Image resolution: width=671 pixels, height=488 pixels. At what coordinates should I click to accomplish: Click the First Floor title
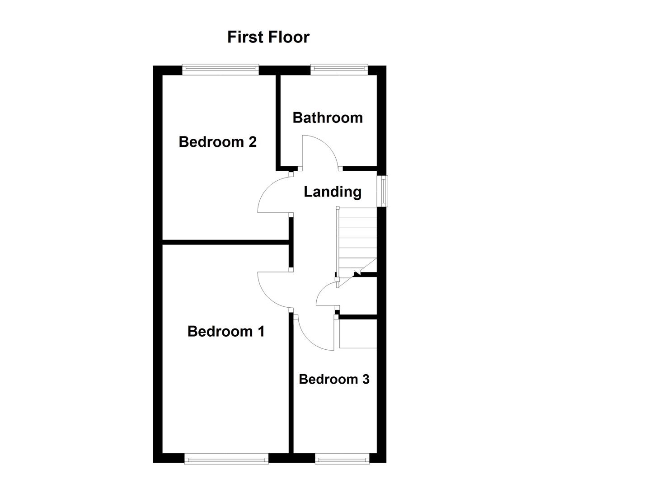pos(268,37)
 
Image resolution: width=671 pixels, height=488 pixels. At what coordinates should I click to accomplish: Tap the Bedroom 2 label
pos(217,142)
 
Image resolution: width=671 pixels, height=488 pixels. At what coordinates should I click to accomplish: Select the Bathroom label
pos(328,117)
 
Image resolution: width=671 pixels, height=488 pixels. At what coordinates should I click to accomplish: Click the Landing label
pos(332,192)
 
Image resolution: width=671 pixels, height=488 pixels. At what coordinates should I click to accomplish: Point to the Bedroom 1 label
pos(226,331)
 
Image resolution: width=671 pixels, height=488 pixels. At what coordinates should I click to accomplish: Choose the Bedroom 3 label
pos(334,379)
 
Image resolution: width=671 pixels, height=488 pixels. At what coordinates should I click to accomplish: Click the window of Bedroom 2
pos(221,69)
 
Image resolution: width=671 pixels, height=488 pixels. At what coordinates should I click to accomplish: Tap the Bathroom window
pos(339,69)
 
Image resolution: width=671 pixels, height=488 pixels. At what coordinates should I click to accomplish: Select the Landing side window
pos(383,191)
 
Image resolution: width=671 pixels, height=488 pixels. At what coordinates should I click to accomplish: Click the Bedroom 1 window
pos(226,459)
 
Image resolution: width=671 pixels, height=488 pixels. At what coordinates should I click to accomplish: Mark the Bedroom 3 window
pos(342,459)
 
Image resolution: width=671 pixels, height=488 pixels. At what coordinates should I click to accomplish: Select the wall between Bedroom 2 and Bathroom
pos(278,122)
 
